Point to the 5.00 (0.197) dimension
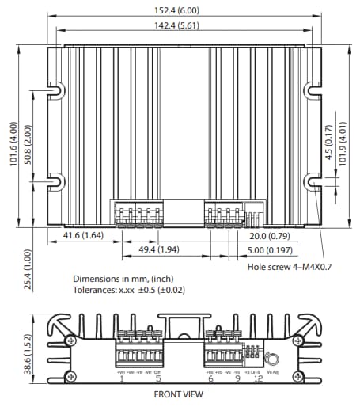(269, 251)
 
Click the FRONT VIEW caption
(181, 394)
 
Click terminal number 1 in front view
(121, 379)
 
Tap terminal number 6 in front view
(210, 379)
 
